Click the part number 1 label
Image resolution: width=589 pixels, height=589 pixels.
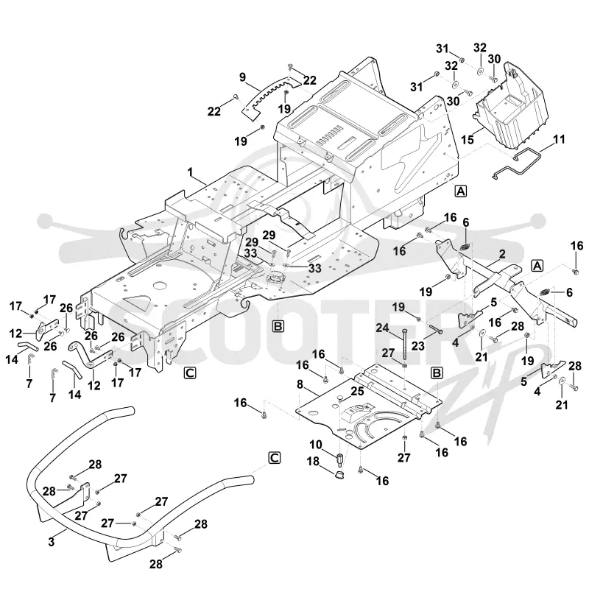(x=190, y=172)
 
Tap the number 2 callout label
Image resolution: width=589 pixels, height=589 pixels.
(x=502, y=254)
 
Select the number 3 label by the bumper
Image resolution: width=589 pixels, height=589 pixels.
(x=51, y=542)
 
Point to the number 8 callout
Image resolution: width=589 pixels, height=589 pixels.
(x=300, y=384)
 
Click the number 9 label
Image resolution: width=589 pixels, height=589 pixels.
(x=243, y=77)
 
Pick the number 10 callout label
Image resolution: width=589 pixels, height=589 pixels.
(x=316, y=445)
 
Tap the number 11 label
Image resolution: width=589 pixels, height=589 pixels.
(x=559, y=139)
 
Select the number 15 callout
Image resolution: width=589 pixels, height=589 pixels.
(x=468, y=140)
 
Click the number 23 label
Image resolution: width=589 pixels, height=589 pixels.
(x=418, y=345)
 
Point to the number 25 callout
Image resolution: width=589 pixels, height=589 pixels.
(x=357, y=391)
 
